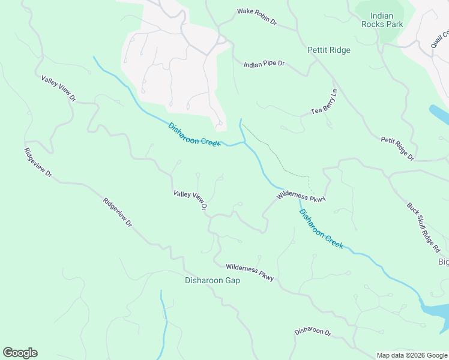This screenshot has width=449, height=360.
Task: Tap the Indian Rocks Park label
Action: [x=382, y=20]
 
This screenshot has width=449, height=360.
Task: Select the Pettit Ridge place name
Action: [x=328, y=50]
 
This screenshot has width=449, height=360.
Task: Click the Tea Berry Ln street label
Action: [x=325, y=103]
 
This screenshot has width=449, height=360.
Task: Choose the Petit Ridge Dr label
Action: [x=397, y=148]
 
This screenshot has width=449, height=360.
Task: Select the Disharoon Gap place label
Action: [x=212, y=280]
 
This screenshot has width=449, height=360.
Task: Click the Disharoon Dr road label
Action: [x=313, y=331]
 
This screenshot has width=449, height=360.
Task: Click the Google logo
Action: [x=20, y=353]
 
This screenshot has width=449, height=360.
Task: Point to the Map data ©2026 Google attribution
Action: [x=412, y=355]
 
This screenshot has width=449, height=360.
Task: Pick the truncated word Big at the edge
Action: [x=443, y=262]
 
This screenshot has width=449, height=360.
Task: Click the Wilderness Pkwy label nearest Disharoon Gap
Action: [x=250, y=272]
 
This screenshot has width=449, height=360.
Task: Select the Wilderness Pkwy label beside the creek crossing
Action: [x=301, y=197]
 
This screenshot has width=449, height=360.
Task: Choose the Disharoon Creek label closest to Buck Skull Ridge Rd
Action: [x=321, y=229]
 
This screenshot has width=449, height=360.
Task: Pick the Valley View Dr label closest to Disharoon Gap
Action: [x=190, y=200]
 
